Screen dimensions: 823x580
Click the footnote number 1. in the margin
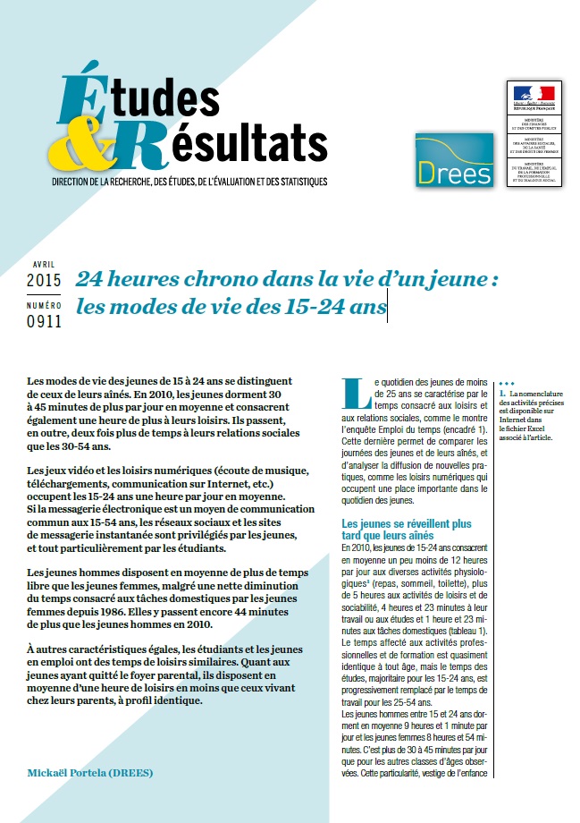click(x=503, y=394)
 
